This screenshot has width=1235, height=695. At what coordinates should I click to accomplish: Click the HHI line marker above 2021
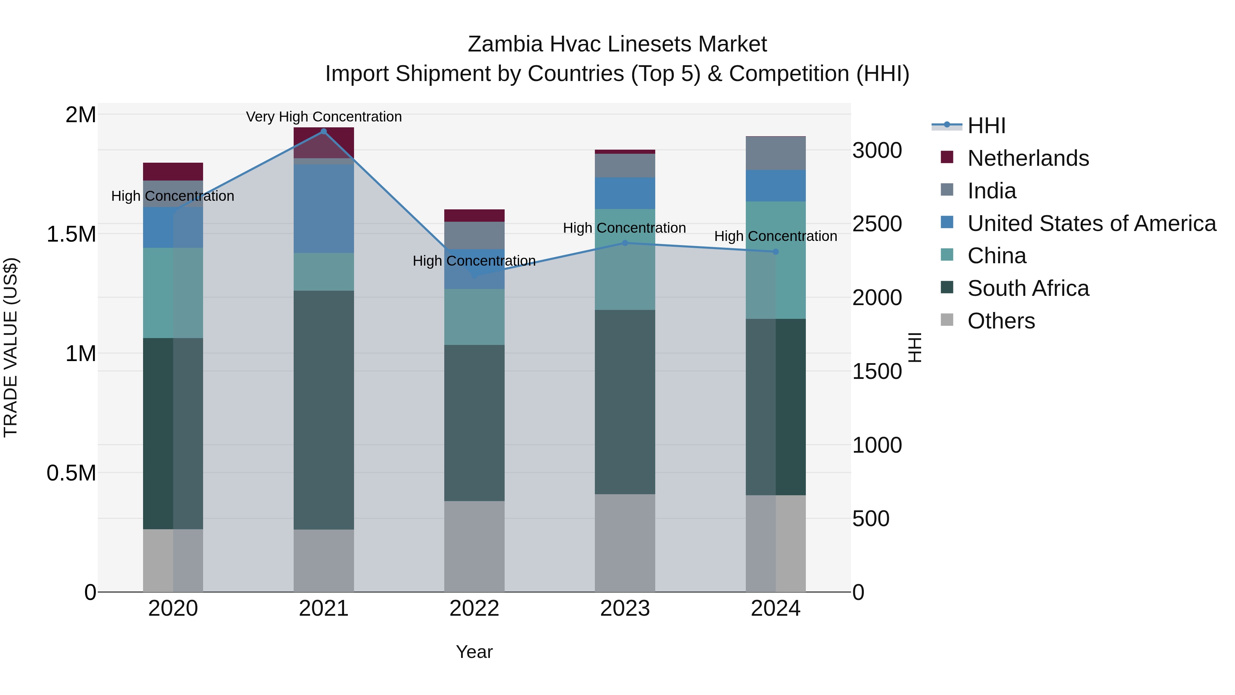click(x=324, y=131)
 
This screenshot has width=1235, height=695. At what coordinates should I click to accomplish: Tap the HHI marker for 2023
click(x=625, y=243)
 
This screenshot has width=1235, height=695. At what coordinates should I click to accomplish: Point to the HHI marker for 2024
click(x=776, y=252)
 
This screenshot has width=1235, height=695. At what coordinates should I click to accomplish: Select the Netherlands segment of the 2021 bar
click(x=324, y=142)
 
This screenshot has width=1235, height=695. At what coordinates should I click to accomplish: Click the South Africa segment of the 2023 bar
click(x=625, y=402)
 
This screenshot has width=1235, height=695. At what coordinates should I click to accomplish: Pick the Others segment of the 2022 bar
click(x=474, y=546)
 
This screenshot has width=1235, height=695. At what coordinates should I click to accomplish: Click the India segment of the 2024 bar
click(x=776, y=153)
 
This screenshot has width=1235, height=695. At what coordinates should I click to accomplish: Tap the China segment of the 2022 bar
click(x=474, y=316)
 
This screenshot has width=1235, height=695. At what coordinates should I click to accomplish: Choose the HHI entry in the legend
click(x=986, y=126)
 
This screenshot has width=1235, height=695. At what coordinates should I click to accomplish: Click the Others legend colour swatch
click(x=947, y=320)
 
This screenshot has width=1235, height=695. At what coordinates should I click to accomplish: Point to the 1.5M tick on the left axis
click(x=71, y=234)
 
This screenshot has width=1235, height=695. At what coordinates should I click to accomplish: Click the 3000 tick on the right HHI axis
click(x=877, y=151)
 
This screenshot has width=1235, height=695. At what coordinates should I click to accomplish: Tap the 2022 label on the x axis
click(x=474, y=609)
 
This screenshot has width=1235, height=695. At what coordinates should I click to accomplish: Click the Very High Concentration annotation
click(x=324, y=117)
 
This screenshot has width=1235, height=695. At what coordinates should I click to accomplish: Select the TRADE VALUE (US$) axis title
click(x=11, y=347)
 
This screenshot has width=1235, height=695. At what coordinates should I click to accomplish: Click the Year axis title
click(x=474, y=652)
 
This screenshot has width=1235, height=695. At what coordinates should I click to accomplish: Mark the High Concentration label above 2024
click(x=776, y=236)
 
